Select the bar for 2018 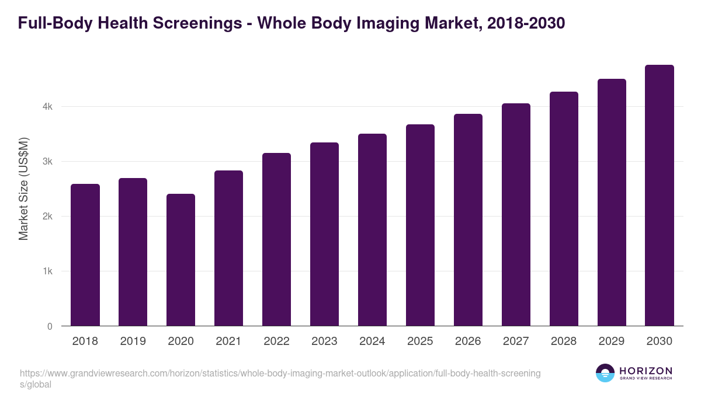click(x=85, y=255)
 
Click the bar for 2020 click(x=181, y=260)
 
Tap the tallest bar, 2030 click(x=660, y=196)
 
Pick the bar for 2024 click(x=372, y=230)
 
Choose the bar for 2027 click(x=516, y=215)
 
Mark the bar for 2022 click(x=276, y=239)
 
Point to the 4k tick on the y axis click(x=47, y=107)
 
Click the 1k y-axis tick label click(x=47, y=271)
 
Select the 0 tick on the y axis click(x=50, y=326)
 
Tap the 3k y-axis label click(x=47, y=162)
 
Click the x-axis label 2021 click(x=228, y=341)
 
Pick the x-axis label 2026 click(x=468, y=341)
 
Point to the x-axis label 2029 click(x=612, y=341)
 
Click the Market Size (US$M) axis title click(x=24, y=189)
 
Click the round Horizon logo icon click(x=605, y=373)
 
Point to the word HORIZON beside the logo click(x=646, y=371)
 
